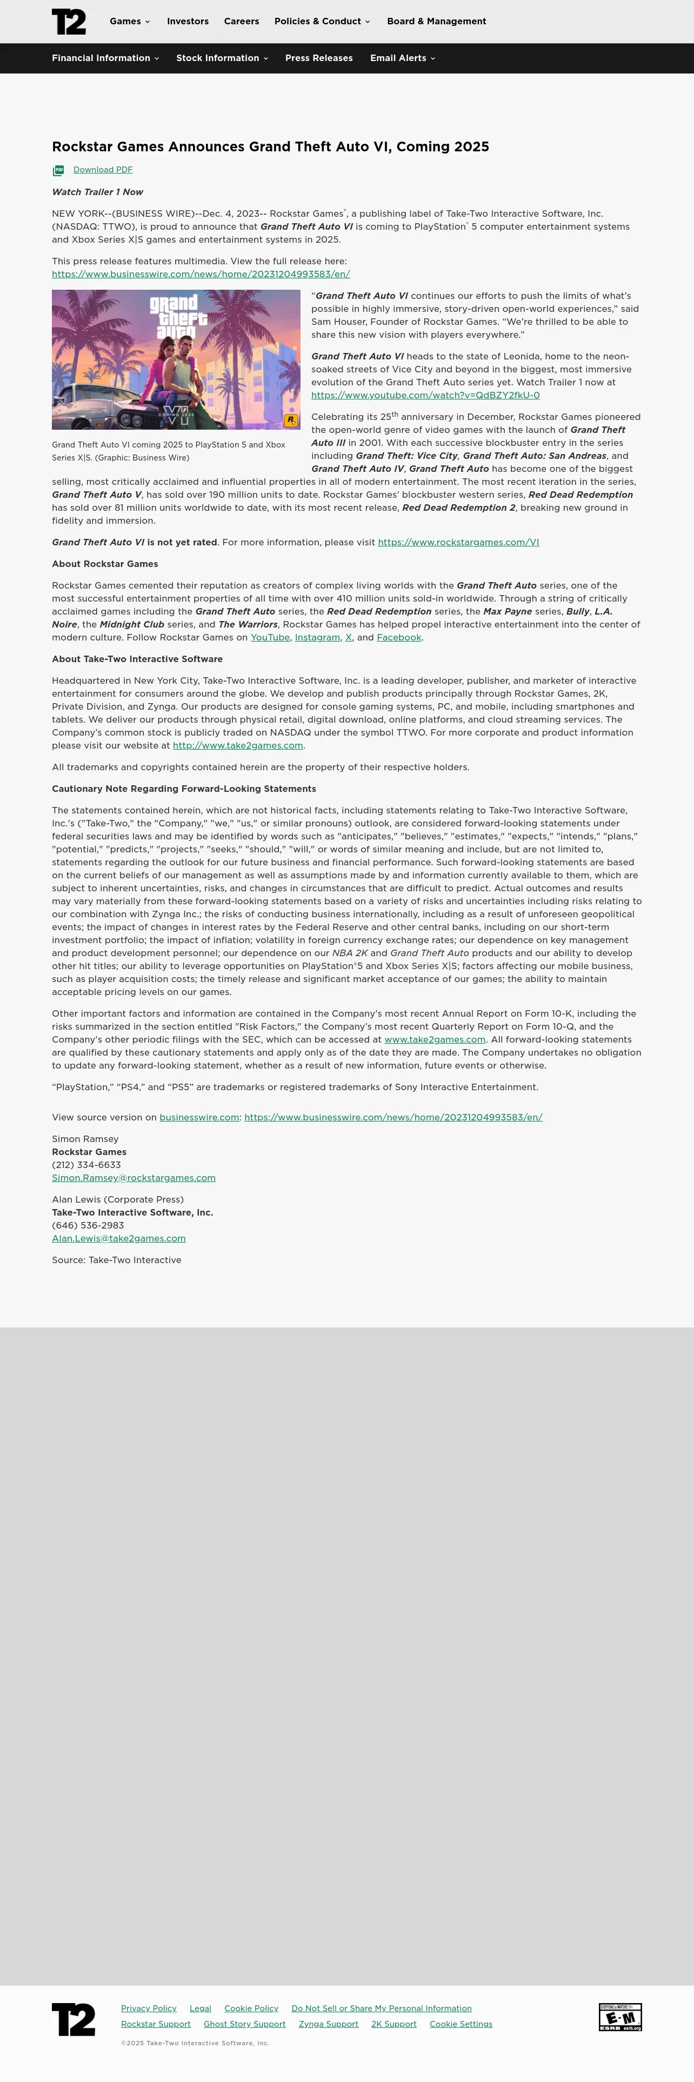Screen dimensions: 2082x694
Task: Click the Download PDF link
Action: pyautogui.click(x=103, y=170)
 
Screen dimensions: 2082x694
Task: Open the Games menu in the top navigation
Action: pyautogui.click(x=129, y=22)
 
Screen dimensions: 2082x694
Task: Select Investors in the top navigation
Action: pyautogui.click(x=188, y=22)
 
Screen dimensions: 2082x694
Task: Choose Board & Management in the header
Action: pyautogui.click(x=436, y=22)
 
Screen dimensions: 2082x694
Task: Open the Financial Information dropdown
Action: pyautogui.click(x=105, y=58)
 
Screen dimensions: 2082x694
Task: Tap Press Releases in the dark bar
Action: pyautogui.click(x=318, y=58)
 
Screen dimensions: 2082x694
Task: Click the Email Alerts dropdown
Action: pyautogui.click(x=402, y=58)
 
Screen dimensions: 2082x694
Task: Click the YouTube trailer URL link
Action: pyautogui.click(x=425, y=395)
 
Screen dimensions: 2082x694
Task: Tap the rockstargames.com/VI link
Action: pyautogui.click(x=458, y=542)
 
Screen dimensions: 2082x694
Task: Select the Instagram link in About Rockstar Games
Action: pyautogui.click(x=317, y=638)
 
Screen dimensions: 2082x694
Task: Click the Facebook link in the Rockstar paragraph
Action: pyautogui.click(x=399, y=638)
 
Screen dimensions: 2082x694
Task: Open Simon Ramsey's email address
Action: pyautogui.click(x=134, y=1178)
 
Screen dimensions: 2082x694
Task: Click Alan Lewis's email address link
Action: pyautogui.click(x=119, y=1238)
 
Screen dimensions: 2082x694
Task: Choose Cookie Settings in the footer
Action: pyautogui.click(x=461, y=2024)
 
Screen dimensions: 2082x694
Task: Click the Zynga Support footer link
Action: pyautogui.click(x=328, y=2024)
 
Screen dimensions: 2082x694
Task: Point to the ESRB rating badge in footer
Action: pyautogui.click(x=619, y=2017)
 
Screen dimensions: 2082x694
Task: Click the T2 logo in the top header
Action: pyautogui.click(x=69, y=22)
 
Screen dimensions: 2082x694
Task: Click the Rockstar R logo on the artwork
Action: pyautogui.click(x=291, y=421)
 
